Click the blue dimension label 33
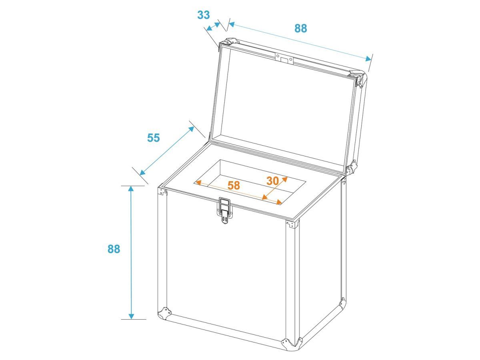click(x=203, y=15)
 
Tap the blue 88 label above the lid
click(x=300, y=28)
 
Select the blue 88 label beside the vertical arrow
click(x=114, y=249)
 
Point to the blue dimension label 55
click(x=153, y=138)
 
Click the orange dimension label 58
click(x=234, y=185)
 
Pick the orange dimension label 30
click(x=272, y=181)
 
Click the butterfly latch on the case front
click(x=224, y=210)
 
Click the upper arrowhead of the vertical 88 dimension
click(x=131, y=188)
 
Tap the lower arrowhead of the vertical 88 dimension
click(x=131, y=316)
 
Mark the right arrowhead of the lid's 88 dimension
click(x=368, y=59)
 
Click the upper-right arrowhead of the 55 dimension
click(x=191, y=129)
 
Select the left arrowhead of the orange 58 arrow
click(x=198, y=182)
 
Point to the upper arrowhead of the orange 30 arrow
click(x=285, y=179)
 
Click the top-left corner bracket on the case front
click(x=162, y=191)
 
